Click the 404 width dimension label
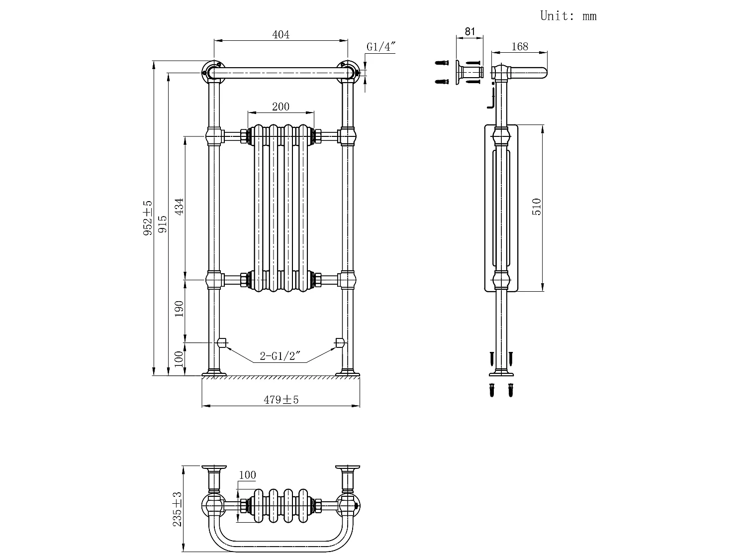tap(280, 34)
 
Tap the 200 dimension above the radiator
tap(280, 107)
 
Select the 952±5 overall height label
tap(148, 218)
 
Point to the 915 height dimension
tap(163, 224)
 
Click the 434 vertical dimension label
tap(179, 207)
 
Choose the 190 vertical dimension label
tap(179, 309)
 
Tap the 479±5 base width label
tap(281, 400)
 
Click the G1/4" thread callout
tap(381, 46)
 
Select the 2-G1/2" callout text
tap(280, 356)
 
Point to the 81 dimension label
tap(469, 32)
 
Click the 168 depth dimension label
tap(520, 46)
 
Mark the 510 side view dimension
tap(537, 207)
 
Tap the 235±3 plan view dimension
tap(177, 509)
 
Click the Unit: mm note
tap(568, 16)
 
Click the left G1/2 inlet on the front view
tap(222, 343)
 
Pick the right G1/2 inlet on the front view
tap(340, 343)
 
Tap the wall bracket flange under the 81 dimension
tap(459, 72)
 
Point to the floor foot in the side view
tap(501, 373)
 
